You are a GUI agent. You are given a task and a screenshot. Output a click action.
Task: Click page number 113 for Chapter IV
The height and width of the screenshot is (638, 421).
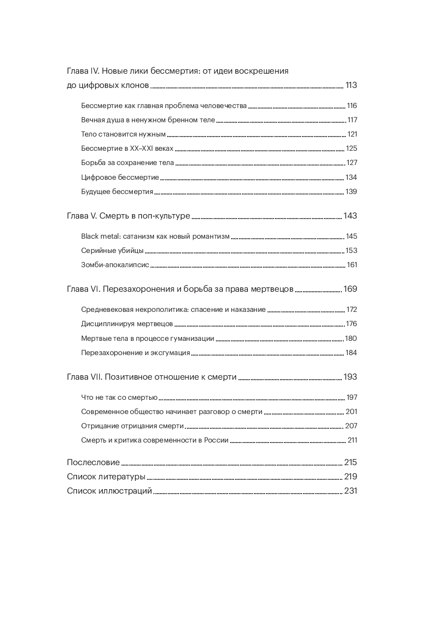point(351,85)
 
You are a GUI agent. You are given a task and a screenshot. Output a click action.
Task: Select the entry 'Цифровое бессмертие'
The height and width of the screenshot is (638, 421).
point(120,177)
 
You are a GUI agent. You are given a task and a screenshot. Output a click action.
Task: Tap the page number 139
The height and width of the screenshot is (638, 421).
point(351,192)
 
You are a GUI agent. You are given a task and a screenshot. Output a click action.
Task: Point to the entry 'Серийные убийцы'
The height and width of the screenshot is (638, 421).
point(112,250)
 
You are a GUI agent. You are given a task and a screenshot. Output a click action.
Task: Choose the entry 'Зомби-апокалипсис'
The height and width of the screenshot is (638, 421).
point(115,265)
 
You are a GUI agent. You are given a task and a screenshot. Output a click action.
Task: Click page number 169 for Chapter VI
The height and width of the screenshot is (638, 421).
point(350,289)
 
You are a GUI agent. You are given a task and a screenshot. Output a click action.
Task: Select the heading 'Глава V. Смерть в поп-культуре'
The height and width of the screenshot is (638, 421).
point(128,216)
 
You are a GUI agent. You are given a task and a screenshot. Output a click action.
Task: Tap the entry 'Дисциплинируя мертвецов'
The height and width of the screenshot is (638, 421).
point(127,324)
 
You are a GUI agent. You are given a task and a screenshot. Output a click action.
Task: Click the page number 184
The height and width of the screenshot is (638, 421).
point(351,353)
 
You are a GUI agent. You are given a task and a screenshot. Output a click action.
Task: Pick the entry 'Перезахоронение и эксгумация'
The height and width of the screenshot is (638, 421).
point(135,353)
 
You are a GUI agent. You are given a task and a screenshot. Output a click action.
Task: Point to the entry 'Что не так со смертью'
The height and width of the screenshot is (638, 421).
point(119,397)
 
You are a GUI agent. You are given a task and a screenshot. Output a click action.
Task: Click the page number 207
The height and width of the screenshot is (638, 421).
point(351,426)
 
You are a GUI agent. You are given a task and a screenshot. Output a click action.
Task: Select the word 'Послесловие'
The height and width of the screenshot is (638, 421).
point(93,462)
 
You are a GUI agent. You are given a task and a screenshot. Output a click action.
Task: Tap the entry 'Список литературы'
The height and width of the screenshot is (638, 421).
point(106,476)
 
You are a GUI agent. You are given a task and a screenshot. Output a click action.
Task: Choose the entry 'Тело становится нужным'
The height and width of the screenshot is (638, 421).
point(123,134)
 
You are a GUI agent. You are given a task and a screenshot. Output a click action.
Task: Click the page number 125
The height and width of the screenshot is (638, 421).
point(351,148)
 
